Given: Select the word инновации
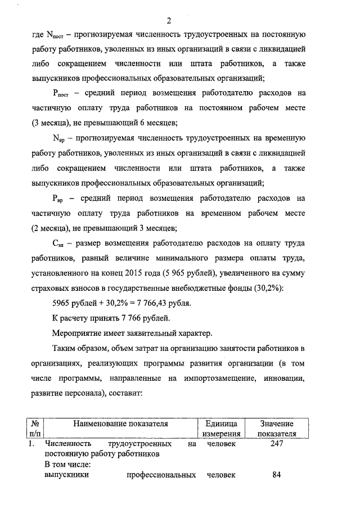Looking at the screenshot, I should click(283, 380).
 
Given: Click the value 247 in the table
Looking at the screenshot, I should click(276, 444).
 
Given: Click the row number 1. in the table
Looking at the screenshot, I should click(32, 444).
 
